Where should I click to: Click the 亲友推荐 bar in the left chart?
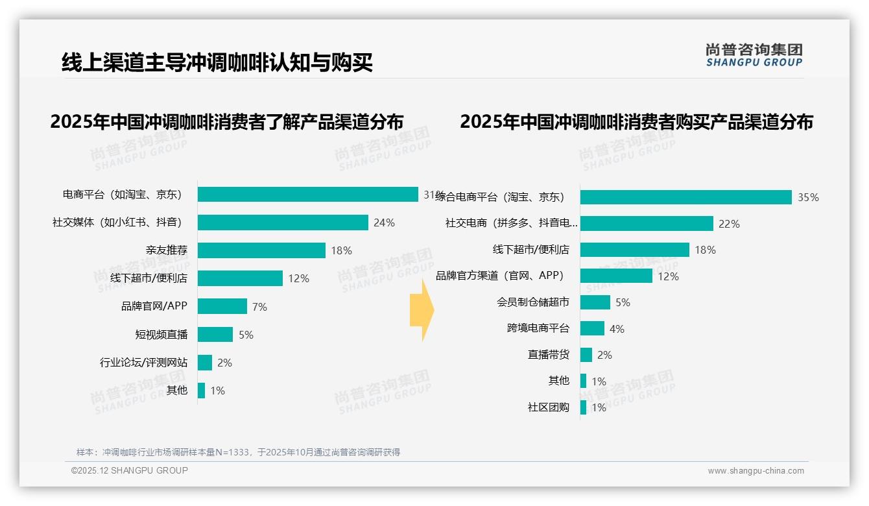[x=261, y=250]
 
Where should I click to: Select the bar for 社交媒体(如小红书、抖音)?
[x=283, y=223]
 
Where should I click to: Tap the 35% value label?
[x=808, y=198]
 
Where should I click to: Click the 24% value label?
[x=384, y=223]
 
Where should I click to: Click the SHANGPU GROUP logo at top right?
[x=754, y=55]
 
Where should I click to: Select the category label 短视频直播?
[x=161, y=335]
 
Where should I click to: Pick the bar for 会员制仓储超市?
[x=595, y=302]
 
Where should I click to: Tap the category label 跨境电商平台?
[x=538, y=328]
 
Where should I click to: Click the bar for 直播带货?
[x=586, y=355]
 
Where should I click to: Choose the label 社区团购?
[x=548, y=407]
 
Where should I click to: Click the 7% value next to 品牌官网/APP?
[x=259, y=307]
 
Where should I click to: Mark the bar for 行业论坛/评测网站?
[x=205, y=363]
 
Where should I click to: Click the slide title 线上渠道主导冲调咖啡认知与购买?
[x=217, y=62]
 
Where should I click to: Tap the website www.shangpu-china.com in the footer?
[x=756, y=471]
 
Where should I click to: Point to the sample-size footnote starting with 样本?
[x=238, y=452]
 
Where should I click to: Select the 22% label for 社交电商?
[x=729, y=224]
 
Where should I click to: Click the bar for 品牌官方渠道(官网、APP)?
[x=616, y=276]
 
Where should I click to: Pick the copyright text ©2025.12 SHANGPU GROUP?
[x=130, y=470]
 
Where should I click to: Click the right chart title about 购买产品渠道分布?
[x=636, y=122]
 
